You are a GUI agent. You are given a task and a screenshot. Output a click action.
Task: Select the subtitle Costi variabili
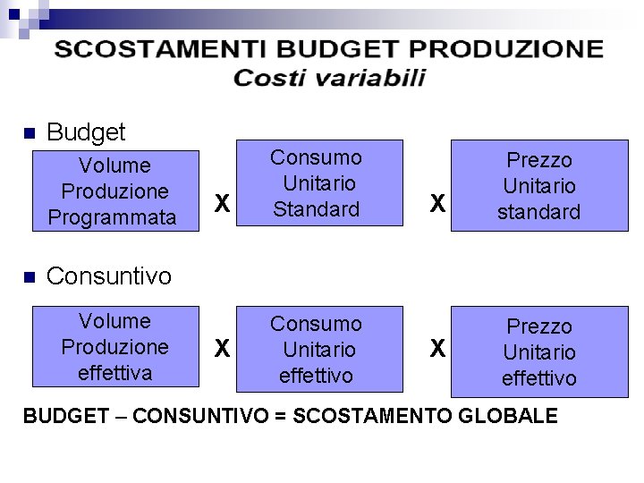329,78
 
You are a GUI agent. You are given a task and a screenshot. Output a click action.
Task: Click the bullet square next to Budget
27,133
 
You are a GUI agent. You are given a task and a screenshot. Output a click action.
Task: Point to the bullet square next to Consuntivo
27,276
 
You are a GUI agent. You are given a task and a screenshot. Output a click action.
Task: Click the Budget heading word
86,133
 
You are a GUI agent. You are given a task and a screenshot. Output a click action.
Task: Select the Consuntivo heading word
108,276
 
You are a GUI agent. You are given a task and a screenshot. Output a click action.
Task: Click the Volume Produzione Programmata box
114,191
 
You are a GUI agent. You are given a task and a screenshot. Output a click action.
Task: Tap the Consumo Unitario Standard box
317,183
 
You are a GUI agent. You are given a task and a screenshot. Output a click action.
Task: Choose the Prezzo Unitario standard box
539,186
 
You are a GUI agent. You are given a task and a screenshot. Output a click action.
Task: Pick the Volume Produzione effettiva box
114,347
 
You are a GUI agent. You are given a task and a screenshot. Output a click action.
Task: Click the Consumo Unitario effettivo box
317,349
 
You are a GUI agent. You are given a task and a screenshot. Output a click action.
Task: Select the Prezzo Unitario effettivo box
539,352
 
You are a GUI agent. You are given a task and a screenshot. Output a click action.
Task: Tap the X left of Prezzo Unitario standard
436,205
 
